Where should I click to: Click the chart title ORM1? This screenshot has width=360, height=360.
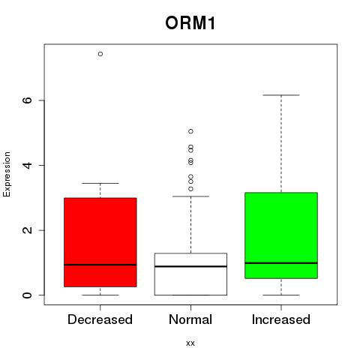[190, 23]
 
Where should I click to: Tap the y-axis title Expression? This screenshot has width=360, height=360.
[7, 174]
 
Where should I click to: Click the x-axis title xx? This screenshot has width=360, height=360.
[190, 343]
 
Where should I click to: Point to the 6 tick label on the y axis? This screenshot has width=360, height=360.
[27, 100]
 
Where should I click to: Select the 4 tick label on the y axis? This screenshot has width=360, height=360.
[27, 165]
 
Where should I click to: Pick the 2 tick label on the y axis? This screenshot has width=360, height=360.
[27, 230]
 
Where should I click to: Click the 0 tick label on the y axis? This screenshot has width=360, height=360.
[27, 295]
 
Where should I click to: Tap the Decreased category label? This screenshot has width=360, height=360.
[100, 319]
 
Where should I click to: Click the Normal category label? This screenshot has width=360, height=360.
[190, 319]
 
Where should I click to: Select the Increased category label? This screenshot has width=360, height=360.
[281, 319]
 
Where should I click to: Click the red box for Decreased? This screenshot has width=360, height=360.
[100, 242]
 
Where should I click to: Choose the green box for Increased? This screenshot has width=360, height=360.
[281, 235]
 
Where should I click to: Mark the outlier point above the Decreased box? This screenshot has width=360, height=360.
[100, 54]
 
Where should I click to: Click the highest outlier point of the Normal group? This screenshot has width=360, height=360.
[190, 131]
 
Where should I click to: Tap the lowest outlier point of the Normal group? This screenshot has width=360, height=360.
[190, 189]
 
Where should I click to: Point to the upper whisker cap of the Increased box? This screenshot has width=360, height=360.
[281, 95]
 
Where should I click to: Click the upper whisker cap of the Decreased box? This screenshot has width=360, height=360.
[100, 183]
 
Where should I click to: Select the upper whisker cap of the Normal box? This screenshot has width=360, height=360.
[190, 196]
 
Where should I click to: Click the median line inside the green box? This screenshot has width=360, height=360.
[281, 263]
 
